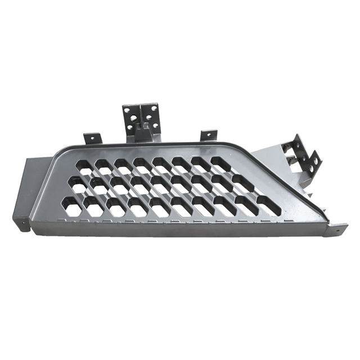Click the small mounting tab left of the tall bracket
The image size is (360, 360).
click(92, 138)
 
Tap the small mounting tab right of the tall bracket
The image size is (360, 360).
click(208, 135)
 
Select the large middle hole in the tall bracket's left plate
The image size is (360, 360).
click(135, 118)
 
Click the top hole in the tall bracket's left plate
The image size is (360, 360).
click(129, 110)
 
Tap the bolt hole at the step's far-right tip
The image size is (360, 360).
click(337, 229)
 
